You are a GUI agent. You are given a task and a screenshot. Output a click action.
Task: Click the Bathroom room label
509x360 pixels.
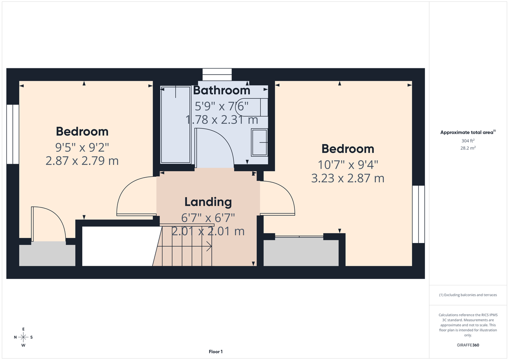click(x=221, y=90)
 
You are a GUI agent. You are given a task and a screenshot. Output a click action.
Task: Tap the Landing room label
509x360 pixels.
click(x=208, y=202)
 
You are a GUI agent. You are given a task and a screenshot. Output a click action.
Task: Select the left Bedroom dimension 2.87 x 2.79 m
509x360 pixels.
click(x=82, y=161)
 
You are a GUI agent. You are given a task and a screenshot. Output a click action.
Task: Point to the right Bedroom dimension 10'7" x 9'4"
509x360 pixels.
click(x=348, y=164)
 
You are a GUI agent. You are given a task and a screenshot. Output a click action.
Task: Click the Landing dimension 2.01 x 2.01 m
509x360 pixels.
click(x=208, y=231)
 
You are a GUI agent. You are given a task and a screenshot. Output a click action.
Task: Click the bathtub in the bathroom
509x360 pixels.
click(x=176, y=125)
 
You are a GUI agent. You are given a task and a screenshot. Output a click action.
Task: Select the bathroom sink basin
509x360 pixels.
click(x=259, y=142)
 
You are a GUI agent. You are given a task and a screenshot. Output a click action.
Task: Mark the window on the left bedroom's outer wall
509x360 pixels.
click(x=13, y=134)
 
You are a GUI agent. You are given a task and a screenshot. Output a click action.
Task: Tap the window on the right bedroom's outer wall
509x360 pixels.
click(x=418, y=214)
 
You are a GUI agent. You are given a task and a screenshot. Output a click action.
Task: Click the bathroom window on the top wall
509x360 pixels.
click(x=217, y=74)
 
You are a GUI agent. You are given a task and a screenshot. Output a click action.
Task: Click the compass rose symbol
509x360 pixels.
click(x=23, y=337)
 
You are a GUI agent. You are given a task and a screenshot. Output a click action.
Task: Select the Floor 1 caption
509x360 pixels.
click(x=215, y=352)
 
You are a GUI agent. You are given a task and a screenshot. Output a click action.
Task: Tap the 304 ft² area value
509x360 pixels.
click(x=468, y=141)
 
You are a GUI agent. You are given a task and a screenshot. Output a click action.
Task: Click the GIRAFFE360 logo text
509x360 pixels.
click(x=468, y=345)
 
